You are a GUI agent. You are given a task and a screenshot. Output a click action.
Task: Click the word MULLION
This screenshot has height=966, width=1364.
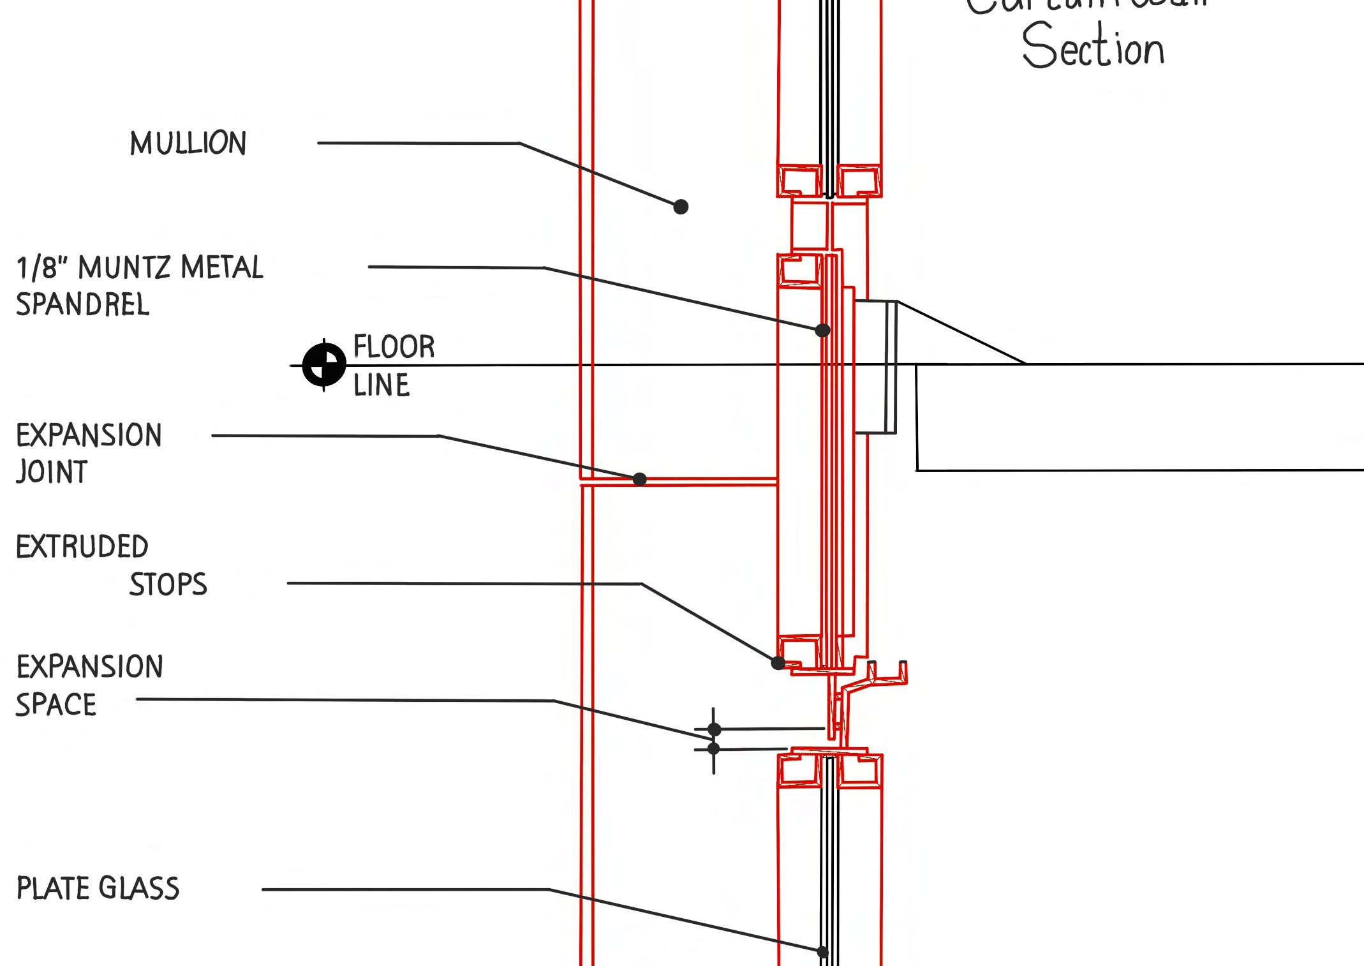coord(188,144)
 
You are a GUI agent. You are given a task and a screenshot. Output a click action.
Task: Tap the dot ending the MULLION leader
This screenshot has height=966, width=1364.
coord(681,207)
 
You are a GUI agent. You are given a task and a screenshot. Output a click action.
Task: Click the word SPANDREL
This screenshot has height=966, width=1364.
coord(82,304)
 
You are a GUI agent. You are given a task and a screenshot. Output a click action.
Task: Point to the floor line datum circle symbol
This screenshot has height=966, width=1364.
coord(324,365)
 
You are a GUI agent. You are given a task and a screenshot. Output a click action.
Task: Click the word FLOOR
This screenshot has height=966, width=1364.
coord(394,347)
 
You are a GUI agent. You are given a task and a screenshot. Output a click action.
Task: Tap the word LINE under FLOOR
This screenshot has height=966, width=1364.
coord(382,385)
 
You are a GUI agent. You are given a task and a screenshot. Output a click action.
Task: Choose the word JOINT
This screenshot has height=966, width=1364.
coord(52,472)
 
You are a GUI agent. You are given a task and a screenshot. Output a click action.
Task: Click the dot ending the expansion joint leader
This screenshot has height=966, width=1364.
coord(639,479)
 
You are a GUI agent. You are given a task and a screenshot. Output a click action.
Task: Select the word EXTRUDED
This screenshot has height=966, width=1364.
coord(82,547)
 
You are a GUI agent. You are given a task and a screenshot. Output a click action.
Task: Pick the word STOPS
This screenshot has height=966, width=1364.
coord(168,584)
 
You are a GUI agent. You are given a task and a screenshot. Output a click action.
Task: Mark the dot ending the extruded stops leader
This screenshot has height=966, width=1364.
coord(778,663)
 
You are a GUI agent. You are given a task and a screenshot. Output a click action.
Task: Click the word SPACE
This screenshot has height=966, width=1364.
coord(56,705)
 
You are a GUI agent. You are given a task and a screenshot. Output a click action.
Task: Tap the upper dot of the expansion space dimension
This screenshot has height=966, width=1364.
coord(714,729)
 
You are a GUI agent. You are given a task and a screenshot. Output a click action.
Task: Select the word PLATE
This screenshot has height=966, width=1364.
coord(53,888)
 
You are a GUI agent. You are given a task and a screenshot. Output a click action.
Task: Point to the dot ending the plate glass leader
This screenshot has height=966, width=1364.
coord(823,952)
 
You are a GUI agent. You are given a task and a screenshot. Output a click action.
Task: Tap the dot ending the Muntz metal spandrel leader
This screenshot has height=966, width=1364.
coord(822,330)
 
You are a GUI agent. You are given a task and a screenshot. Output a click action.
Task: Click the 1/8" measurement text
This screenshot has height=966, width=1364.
coord(41,268)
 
